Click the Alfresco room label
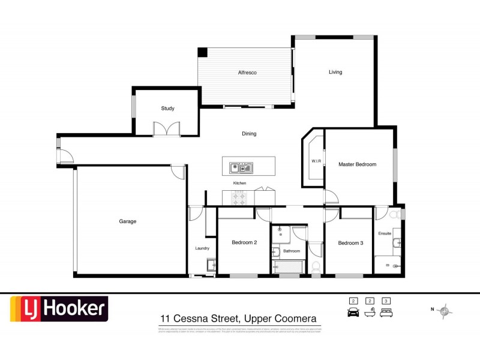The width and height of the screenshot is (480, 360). click(247, 73)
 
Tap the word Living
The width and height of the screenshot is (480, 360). click(335, 72)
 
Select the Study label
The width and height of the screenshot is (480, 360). click(167, 109)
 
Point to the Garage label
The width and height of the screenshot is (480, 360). click(127, 221)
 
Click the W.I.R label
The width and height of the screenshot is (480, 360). click(316, 161)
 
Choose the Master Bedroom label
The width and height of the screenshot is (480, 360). click(357, 164)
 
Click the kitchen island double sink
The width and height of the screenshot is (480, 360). click(241, 166)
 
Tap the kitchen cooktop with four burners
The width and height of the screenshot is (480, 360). click(239, 197)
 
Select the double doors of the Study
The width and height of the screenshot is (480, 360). click(166, 128)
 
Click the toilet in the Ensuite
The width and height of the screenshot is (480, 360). click(395, 214)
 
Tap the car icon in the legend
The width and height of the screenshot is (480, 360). click(353, 313)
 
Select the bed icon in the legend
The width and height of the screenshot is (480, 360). click(386, 313)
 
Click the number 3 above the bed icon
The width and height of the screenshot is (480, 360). click(386, 301)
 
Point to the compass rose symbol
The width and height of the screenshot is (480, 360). click(445, 310)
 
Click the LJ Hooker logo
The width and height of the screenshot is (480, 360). click(58, 310)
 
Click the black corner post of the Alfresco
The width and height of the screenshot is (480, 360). click(203, 52)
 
